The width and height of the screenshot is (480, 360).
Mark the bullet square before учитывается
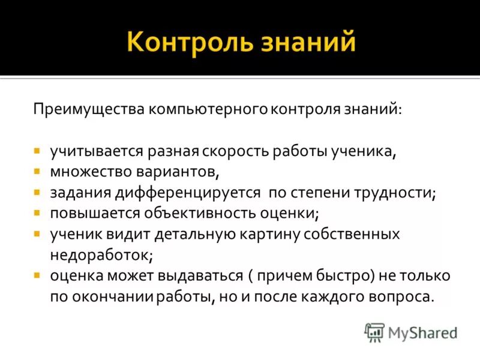point(37,151)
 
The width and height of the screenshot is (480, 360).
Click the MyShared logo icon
point(374,332)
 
